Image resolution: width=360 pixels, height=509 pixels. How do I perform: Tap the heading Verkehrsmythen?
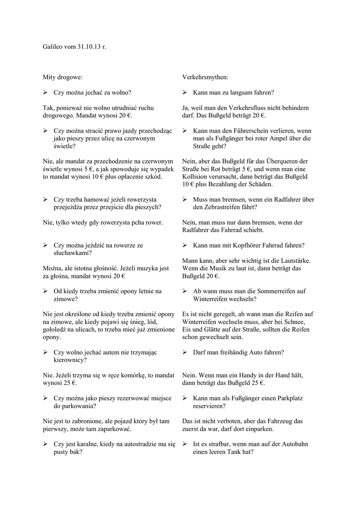[x=205, y=78]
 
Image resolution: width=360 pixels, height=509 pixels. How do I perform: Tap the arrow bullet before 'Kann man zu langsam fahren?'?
[x=184, y=92]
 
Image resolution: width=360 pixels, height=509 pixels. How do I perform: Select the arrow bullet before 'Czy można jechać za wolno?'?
[x=45, y=92]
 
